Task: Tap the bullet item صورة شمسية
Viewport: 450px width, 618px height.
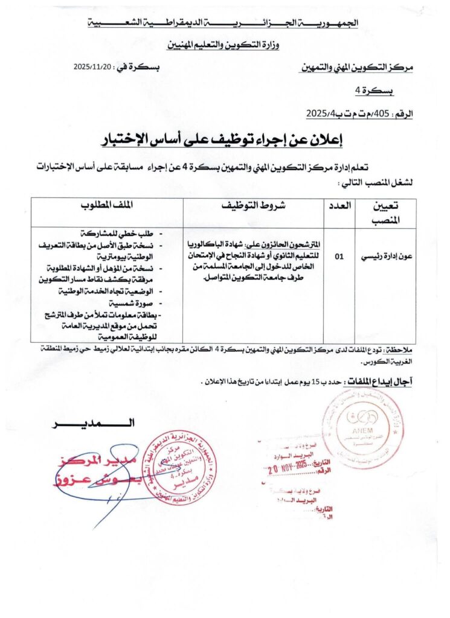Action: [130, 303]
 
